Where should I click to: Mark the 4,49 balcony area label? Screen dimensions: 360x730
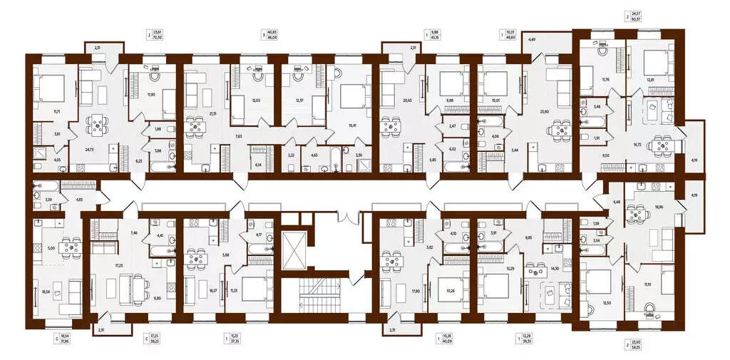pos(532,40)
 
